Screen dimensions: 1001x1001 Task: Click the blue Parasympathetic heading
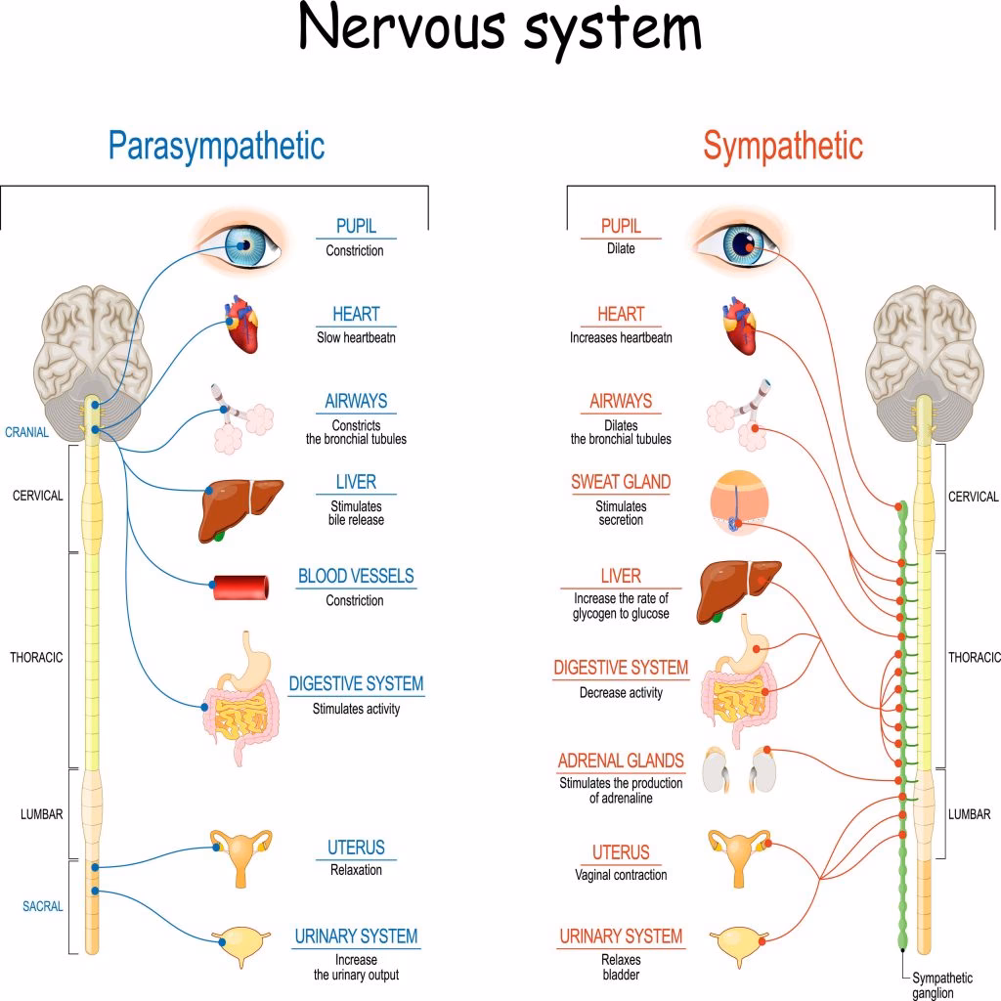pyautogui.click(x=216, y=147)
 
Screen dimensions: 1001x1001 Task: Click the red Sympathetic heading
pyautogui.click(x=783, y=147)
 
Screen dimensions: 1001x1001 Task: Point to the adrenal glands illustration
pyautogui.click(x=741, y=770)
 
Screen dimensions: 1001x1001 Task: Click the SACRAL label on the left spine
pyautogui.click(x=43, y=906)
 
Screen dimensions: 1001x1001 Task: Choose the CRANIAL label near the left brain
pyautogui.click(x=26, y=432)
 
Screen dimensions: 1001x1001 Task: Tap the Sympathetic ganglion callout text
pyautogui.click(x=942, y=984)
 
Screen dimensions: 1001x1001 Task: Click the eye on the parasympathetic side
pyautogui.click(x=241, y=243)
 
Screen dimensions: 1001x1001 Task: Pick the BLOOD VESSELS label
pyautogui.click(x=356, y=577)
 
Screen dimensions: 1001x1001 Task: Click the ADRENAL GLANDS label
pyautogui.click(x=621, y=761)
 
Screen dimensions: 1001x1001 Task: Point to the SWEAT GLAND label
pyautogui.click(x=621, y=482)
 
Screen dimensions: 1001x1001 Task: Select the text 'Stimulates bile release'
pyautogui.click(x=356, y=513)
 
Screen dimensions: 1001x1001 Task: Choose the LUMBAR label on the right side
pyautogui.click(x=969, y=814)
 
